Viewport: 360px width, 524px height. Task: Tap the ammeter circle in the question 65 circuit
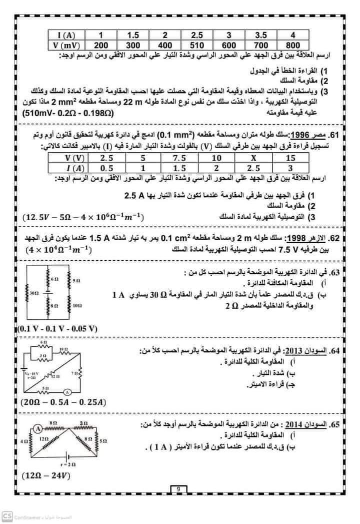point(37,427)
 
